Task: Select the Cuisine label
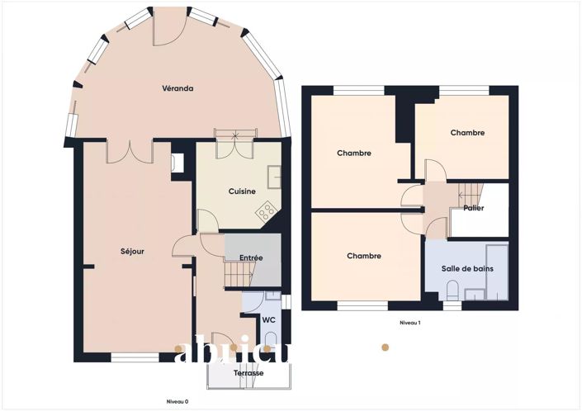click(242, 191)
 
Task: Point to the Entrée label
click(251, 257)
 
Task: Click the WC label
click(268, 319)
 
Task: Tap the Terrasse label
click(248, 373)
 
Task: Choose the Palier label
click(473, 208)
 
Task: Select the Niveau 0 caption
click(177, 401)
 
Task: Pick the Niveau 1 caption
click(410, 323)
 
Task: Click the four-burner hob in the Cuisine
click(266, 213)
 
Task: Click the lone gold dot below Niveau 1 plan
click(384, 347)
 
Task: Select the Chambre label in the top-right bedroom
click(466, 133)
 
